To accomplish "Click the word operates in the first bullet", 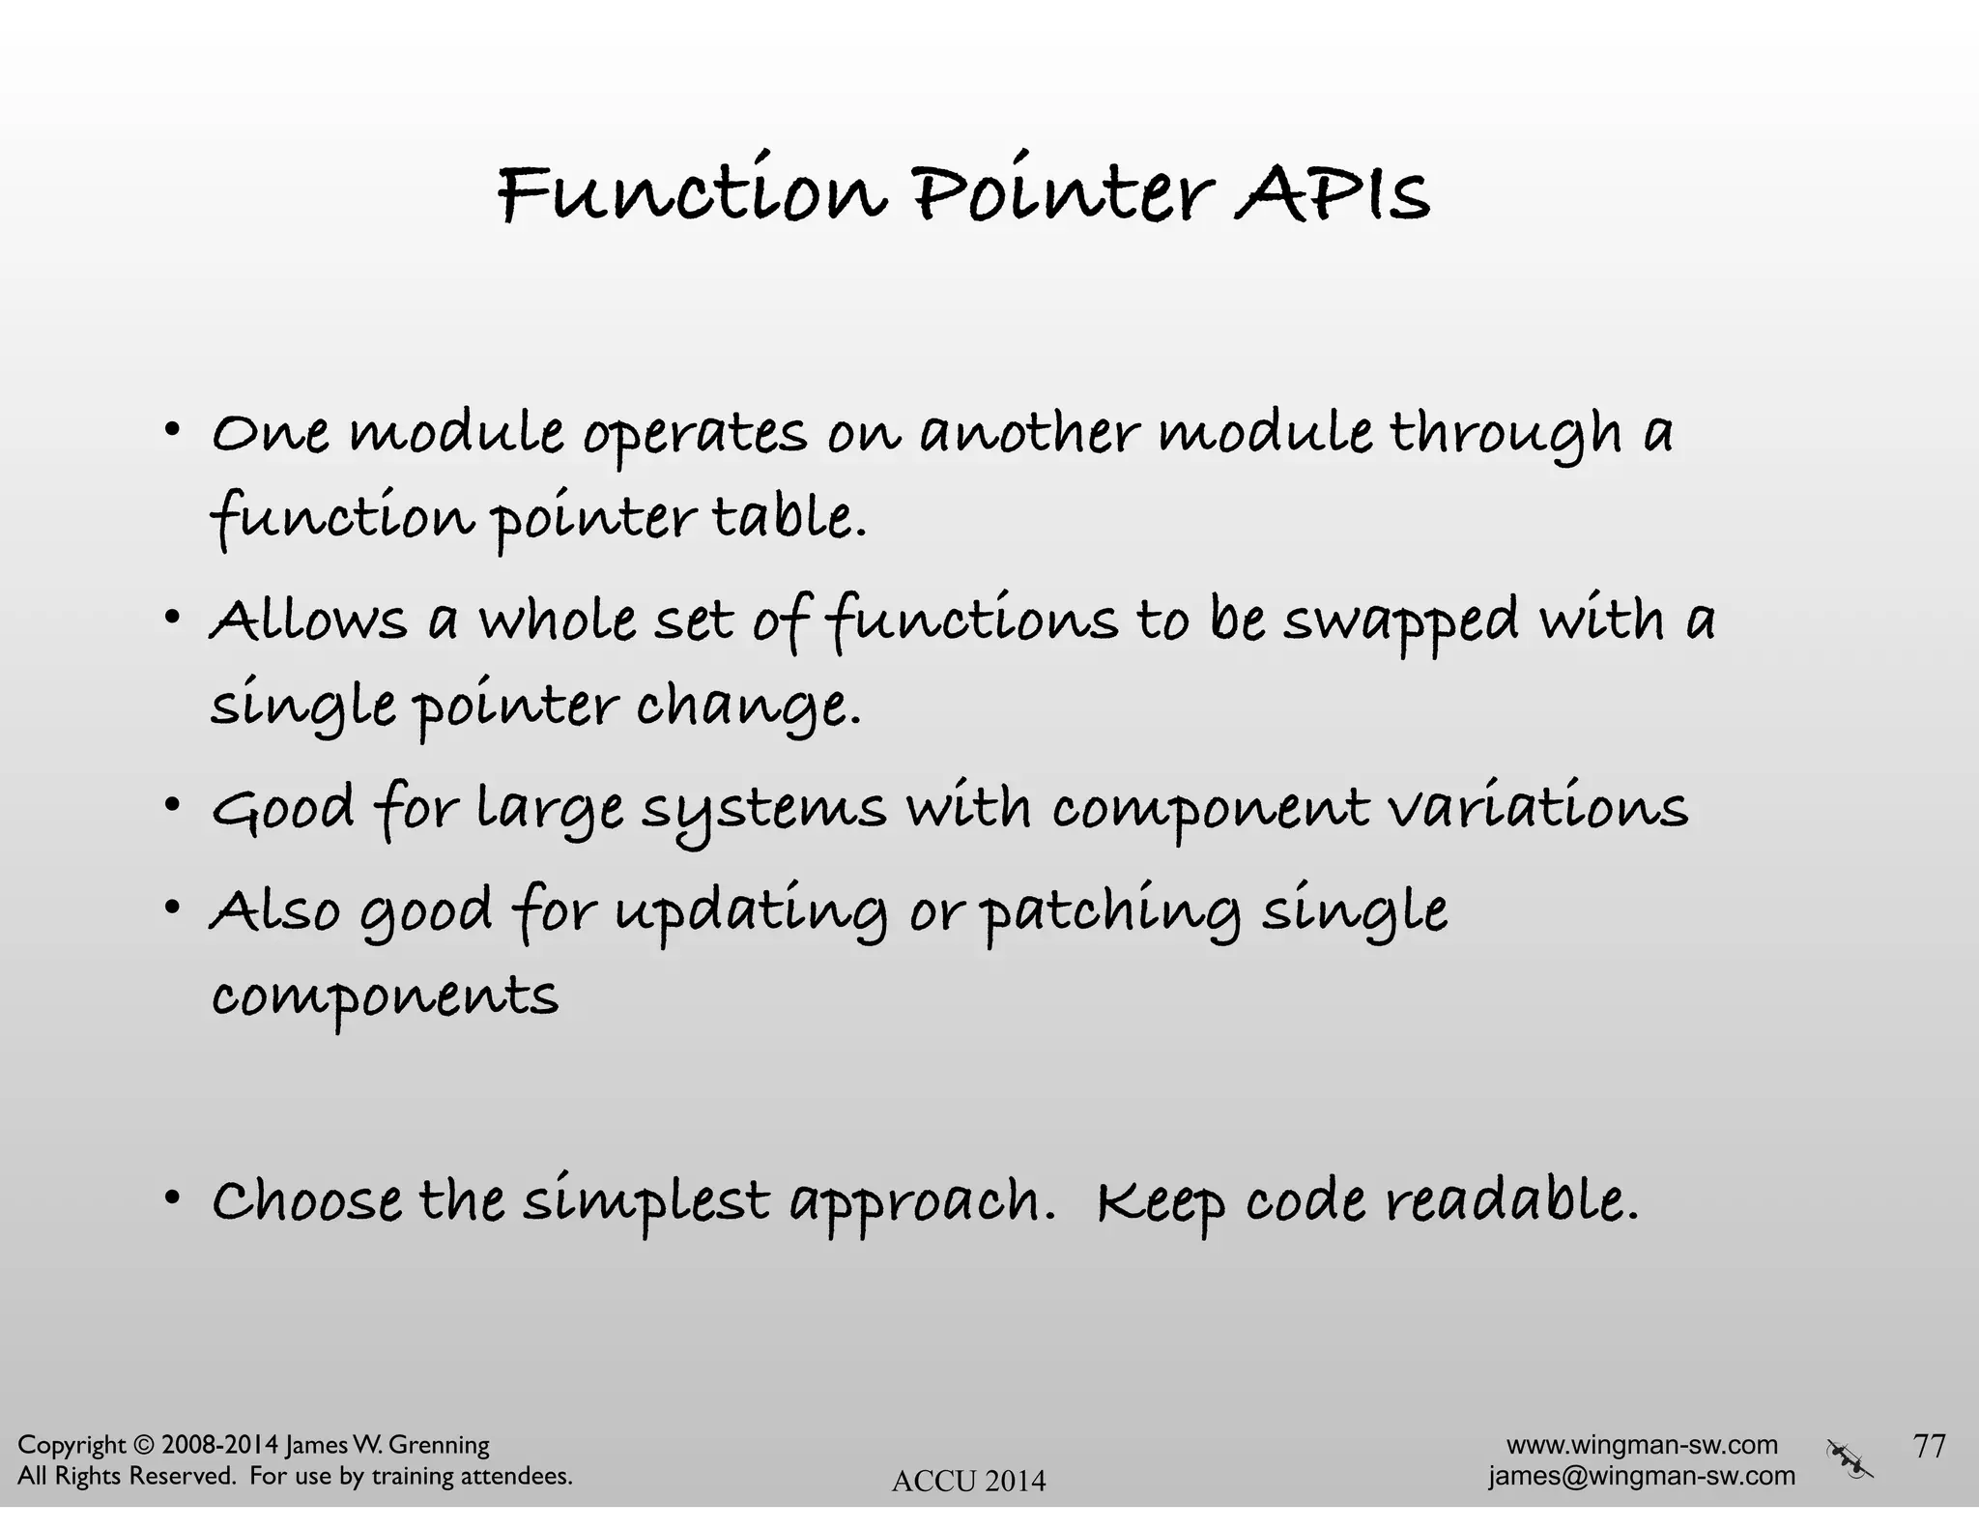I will point(694,435).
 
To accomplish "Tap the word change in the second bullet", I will point(746,707).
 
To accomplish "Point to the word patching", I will point(1112,913).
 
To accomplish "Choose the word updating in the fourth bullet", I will point(751,913).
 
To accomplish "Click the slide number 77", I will point(1929,1446).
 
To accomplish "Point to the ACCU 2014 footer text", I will point(968,1481).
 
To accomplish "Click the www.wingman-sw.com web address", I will point(1642,1445).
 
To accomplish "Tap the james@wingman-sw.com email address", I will point(1642,1476).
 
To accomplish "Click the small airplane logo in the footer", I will point(1850,1459).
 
